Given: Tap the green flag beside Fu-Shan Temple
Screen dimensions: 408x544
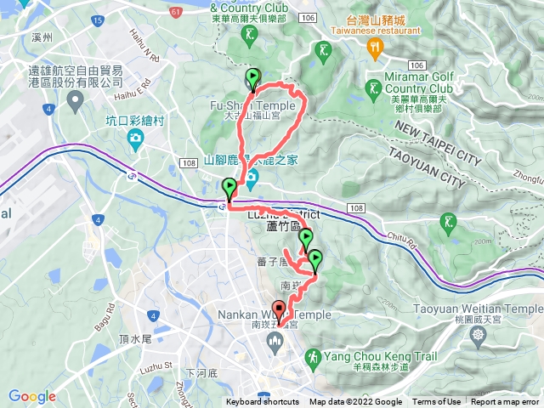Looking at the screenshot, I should click(253, 80).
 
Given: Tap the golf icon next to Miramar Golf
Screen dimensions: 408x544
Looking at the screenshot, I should click(372, 88).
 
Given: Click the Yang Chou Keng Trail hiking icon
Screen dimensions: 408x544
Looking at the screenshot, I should click(313, 354).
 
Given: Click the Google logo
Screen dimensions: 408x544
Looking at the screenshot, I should click(31, 396).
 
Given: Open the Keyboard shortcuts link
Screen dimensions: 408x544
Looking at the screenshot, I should click(262, 402).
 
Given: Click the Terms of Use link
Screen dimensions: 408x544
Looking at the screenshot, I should click(437, 402).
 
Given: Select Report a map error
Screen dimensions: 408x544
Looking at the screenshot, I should click(507, 402).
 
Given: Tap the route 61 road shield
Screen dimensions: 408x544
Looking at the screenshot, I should click(175, 12).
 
